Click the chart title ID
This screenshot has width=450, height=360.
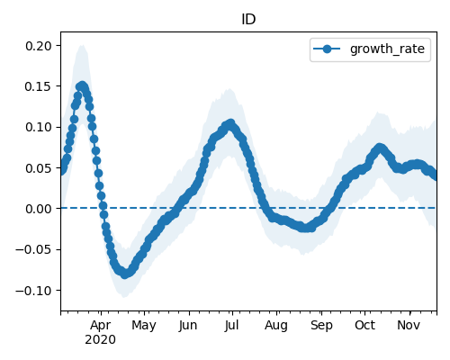[x=248, y=19]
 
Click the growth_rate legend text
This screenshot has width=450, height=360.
[x=387, y=49]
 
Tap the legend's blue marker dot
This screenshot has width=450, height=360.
[x=327, y=49]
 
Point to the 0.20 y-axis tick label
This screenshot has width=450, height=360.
[x=39, y=46]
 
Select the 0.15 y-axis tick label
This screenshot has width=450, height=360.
[x=39, y=86]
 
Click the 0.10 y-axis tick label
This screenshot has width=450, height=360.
[x=39, y=127]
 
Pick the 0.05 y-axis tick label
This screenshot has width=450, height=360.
[x=39, y=168]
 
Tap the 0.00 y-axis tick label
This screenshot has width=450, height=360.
[x=39, y=209]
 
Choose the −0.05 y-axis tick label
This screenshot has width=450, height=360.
[x=34, y=249]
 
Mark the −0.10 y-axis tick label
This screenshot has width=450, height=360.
[x=34, y=291]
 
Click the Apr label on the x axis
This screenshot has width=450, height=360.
[x=101, y=325]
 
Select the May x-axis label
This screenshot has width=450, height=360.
[x=144, y=325]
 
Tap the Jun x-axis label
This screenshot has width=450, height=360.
[x=188, y=325]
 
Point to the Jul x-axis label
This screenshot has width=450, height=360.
[x=232, y=325]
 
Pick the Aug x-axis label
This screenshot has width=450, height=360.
[x=276, y=325]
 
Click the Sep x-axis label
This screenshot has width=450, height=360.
[x=321, y=325]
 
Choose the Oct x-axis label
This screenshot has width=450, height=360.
[x=364, y=325]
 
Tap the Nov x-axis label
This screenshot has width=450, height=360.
[x=409, y=325]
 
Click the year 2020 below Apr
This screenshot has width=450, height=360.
[x=100, y=340]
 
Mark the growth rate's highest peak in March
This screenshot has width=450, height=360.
[x=83, y=86]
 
